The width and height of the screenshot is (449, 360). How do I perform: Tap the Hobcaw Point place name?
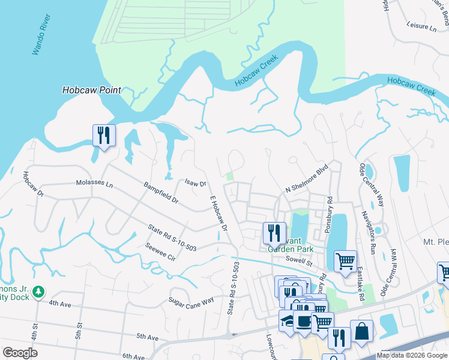91,91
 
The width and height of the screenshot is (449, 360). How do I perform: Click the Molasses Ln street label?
94,182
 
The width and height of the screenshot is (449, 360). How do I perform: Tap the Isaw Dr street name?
196,183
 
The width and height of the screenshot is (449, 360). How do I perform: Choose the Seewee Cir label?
160,251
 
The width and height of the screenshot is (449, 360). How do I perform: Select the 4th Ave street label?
60,304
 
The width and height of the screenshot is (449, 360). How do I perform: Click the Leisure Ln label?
421,26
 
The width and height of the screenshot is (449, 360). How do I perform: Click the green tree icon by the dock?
39,292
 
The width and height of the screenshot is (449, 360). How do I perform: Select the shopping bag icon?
361,331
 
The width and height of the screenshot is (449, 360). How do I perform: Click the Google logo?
20,353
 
